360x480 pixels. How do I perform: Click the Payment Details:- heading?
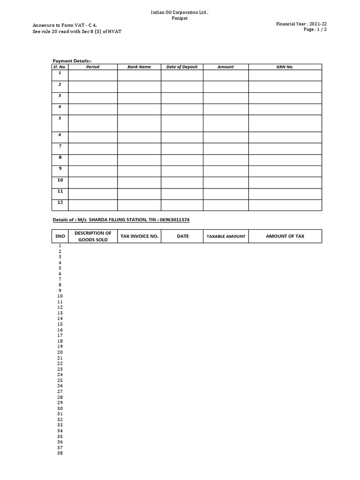[72, 61]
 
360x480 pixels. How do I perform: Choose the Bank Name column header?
[139, 67]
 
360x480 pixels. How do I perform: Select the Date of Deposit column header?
[182, 67]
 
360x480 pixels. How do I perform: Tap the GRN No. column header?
[285, 67]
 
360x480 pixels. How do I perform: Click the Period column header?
[93, 67]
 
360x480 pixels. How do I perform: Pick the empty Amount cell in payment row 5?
[225, 123]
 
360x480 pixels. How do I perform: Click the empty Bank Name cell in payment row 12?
[139, 205]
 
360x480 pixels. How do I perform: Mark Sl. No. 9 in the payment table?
[60, 169]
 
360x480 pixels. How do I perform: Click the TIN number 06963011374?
[174, 220]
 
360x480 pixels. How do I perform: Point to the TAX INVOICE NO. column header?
[140, 236]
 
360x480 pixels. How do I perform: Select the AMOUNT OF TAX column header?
[285, 236]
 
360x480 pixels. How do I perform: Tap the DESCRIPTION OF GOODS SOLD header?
[93, 236]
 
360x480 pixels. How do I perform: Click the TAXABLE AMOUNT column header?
[226, 236]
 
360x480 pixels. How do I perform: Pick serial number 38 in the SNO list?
[60, 453]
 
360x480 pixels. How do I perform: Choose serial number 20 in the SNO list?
[60, 352]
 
